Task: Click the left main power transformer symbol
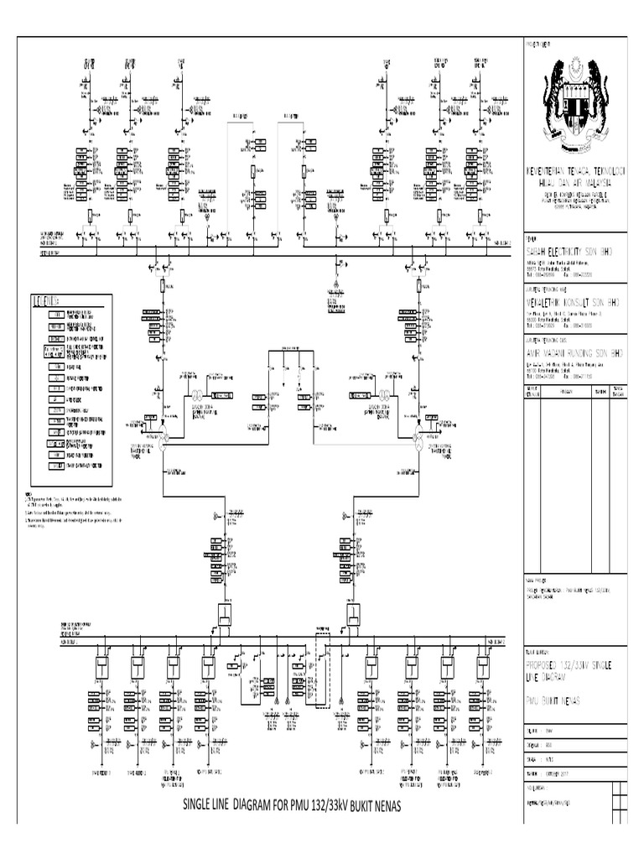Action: (x=163, y=432)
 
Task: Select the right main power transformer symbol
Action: (x=419, y=432)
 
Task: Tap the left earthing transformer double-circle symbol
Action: (x=198, y=395)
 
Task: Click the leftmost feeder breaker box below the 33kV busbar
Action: (x=101, y=667)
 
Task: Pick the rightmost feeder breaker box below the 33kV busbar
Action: (x=483, y=667)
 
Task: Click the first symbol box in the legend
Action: (x=55, y=312)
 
